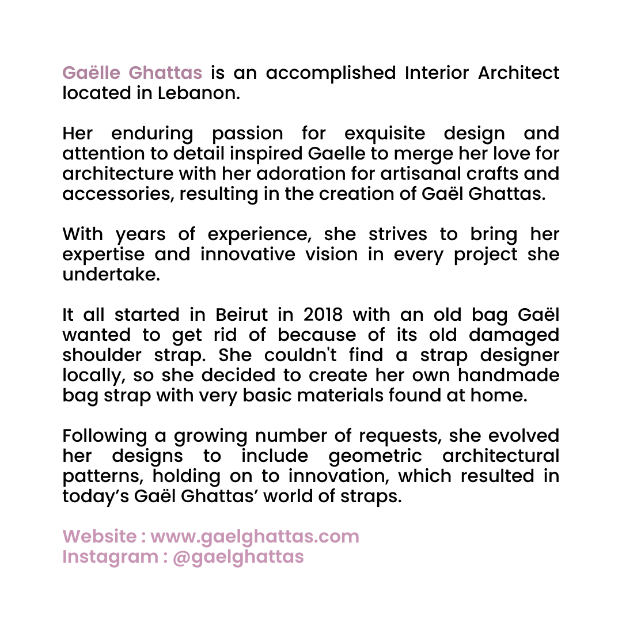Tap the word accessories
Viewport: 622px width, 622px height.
click(x=119, y=194)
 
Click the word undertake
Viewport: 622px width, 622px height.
click(x=109, y=275)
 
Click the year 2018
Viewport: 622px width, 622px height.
click(x=322, y=315)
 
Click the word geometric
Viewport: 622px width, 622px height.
click(x=375, y=456)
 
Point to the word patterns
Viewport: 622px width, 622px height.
click(x=101, y=476)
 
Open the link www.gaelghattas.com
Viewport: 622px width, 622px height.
click(x=255, y=537)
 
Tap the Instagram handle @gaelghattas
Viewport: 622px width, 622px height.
click(x=238, y=557)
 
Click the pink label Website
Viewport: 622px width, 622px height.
click(x=98, y=537)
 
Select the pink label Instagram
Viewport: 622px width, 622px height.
click(x=109, y=557)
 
